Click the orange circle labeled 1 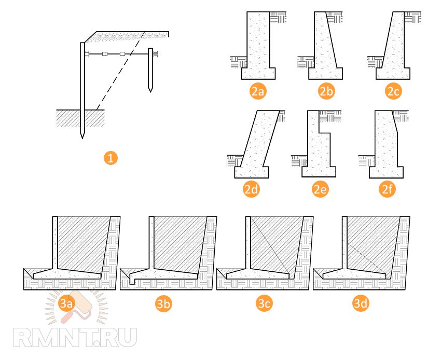[x=110, y=158]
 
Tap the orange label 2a [x=258, y=91]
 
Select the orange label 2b [x=326, y=91]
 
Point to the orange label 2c [x=393, y=91]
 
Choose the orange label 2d [x=251, y=189]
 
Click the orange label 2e [x=320, y=189]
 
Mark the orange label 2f [x=387, y=189]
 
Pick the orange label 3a [x=67, y=303]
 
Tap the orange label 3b [x=163, y=303]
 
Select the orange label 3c [x=264, y=303]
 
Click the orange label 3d [x=361, y=303]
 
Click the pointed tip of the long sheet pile [x=82, y=139]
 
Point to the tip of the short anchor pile [x=150, y=91]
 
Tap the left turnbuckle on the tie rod [x=105, y=54]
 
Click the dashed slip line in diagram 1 [x=121, y=71]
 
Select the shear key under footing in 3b [x=132, y=281]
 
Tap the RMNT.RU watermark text [x=75, y=337]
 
